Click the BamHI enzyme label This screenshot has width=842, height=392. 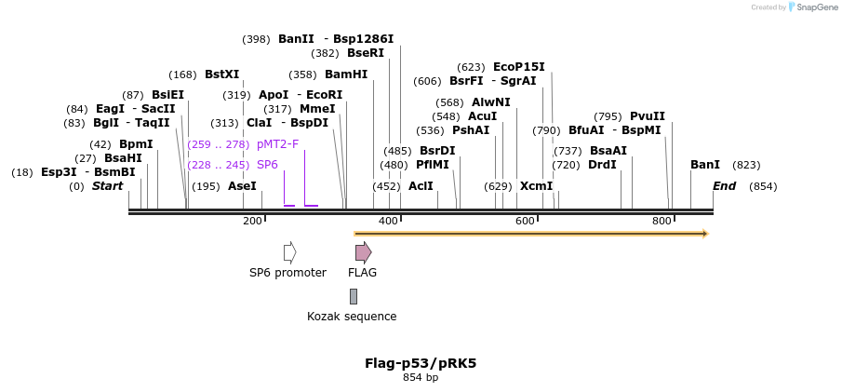(x=346, y=74)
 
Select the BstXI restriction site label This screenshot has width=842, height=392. (x=221, y=74)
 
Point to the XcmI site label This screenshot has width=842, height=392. (x=536, y=186)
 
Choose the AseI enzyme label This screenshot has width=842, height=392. (x=242, y=186)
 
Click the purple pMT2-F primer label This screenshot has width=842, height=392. (x=277, y=144)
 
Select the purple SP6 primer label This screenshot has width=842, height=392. (x=267, y=165)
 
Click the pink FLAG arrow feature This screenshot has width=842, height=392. (x=363, y=252)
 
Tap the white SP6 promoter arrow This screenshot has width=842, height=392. (x=289, y=252)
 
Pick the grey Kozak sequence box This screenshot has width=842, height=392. (x=354, y=296)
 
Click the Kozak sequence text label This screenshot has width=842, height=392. (x=352, y=317)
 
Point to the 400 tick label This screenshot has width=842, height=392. (x=389, y=221)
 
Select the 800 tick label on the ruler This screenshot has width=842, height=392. (x=662, y=221)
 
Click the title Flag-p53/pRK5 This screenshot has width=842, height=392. (x=421, y=363)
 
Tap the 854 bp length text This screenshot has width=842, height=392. (x=421, y=378)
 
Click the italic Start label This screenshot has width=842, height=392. (x=107, y=186)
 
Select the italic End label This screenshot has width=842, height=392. (x=724, y=186)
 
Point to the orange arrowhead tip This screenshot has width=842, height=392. (x=706, y=233)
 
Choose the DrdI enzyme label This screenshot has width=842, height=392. (x=602, y=165)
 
